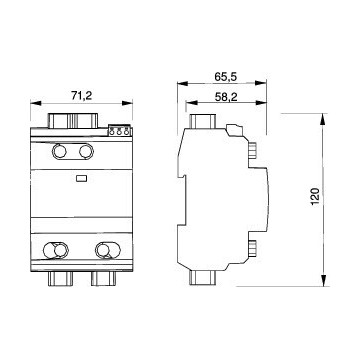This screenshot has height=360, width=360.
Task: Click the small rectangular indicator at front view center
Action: tap(82, 181)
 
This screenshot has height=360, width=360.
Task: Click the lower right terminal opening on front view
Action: tap(106, 250)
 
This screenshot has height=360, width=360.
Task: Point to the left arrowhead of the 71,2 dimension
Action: tap(37, 102)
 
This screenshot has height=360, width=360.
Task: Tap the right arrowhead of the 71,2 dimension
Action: tap(130, 102)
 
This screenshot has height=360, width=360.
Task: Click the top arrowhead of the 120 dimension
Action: tap(322, 118)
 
